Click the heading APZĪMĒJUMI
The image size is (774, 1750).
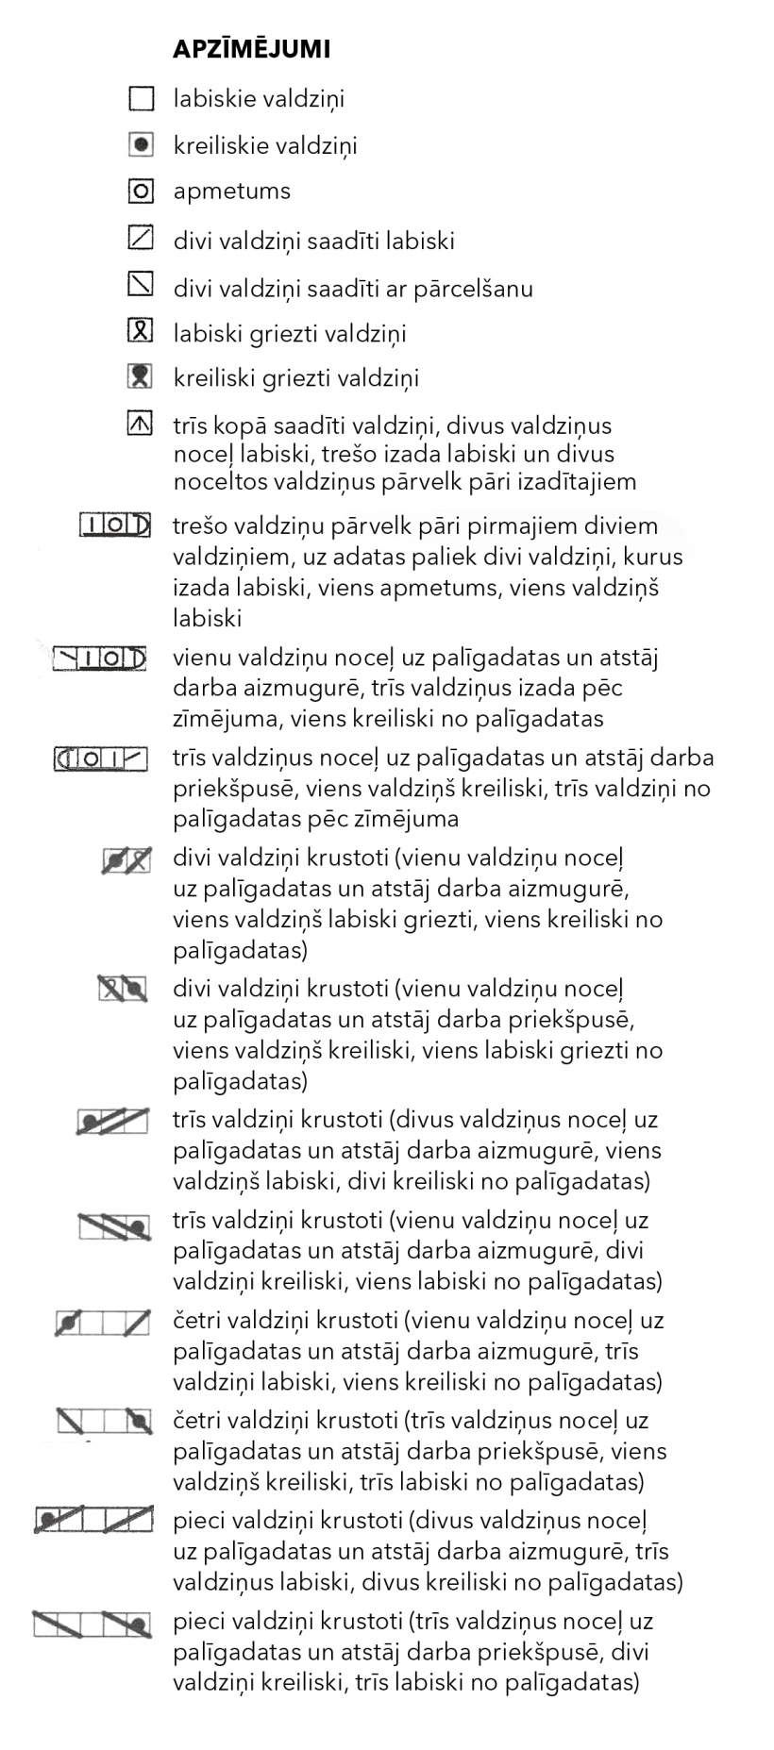pos(251,50)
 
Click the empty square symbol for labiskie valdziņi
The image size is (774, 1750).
pos(141,98)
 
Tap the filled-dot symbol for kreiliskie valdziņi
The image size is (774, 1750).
pos(141,145)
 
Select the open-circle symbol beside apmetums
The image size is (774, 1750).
pos(141,192)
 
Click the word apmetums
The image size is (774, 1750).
pos(231,192)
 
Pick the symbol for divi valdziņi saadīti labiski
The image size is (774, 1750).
pos(141,238)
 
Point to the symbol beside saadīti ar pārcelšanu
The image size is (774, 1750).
pos(141,284)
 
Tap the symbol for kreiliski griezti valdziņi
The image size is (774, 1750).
pos(141,376)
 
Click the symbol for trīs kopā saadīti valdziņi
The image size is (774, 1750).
pos(141,424)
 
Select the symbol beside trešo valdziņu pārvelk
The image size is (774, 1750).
pos(114,525)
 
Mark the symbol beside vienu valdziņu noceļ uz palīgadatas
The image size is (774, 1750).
pos(100,658)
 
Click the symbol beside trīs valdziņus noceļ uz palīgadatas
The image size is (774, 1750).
pos(101,758)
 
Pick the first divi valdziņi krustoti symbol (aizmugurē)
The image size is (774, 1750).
pos(126,859)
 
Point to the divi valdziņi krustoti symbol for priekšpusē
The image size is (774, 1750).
pos(124,989)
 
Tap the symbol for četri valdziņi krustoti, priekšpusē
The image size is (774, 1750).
pos(103,1422)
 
